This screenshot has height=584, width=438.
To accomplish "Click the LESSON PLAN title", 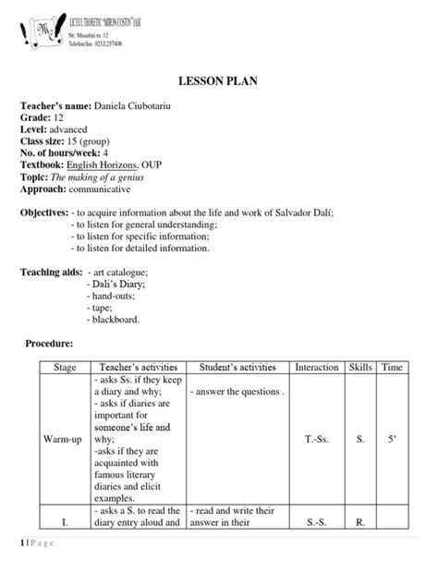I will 218,82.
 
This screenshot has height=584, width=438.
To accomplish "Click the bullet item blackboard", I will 116,320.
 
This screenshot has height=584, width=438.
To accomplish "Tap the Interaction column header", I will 316,368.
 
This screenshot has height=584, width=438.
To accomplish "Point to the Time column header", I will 392,368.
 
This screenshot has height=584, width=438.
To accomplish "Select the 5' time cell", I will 392,439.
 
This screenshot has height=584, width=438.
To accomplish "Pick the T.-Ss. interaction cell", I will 316,439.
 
